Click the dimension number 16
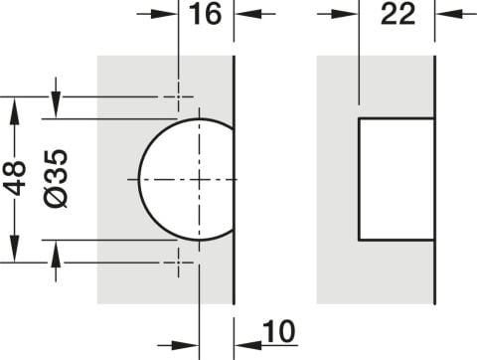(205, 14)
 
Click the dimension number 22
(397, 14)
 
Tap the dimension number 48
(16, 178)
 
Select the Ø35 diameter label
(56, 178)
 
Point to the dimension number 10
(279, 331)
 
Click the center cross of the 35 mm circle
(199, 179)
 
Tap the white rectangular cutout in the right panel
(397, 179)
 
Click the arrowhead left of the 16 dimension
(164, 14)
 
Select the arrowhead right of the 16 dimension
(247, 14)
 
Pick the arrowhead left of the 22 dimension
(345, 14)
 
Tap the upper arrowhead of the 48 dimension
(14, 111)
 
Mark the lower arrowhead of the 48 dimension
(14, 249)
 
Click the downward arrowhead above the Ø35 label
(56, 104)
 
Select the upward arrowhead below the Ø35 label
(56, 254)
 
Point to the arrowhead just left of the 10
(247, 346)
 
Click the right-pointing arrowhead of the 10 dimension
(185, 346)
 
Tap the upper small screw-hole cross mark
(179, 96)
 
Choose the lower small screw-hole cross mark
(179, 263)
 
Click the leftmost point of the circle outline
(139, 179)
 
